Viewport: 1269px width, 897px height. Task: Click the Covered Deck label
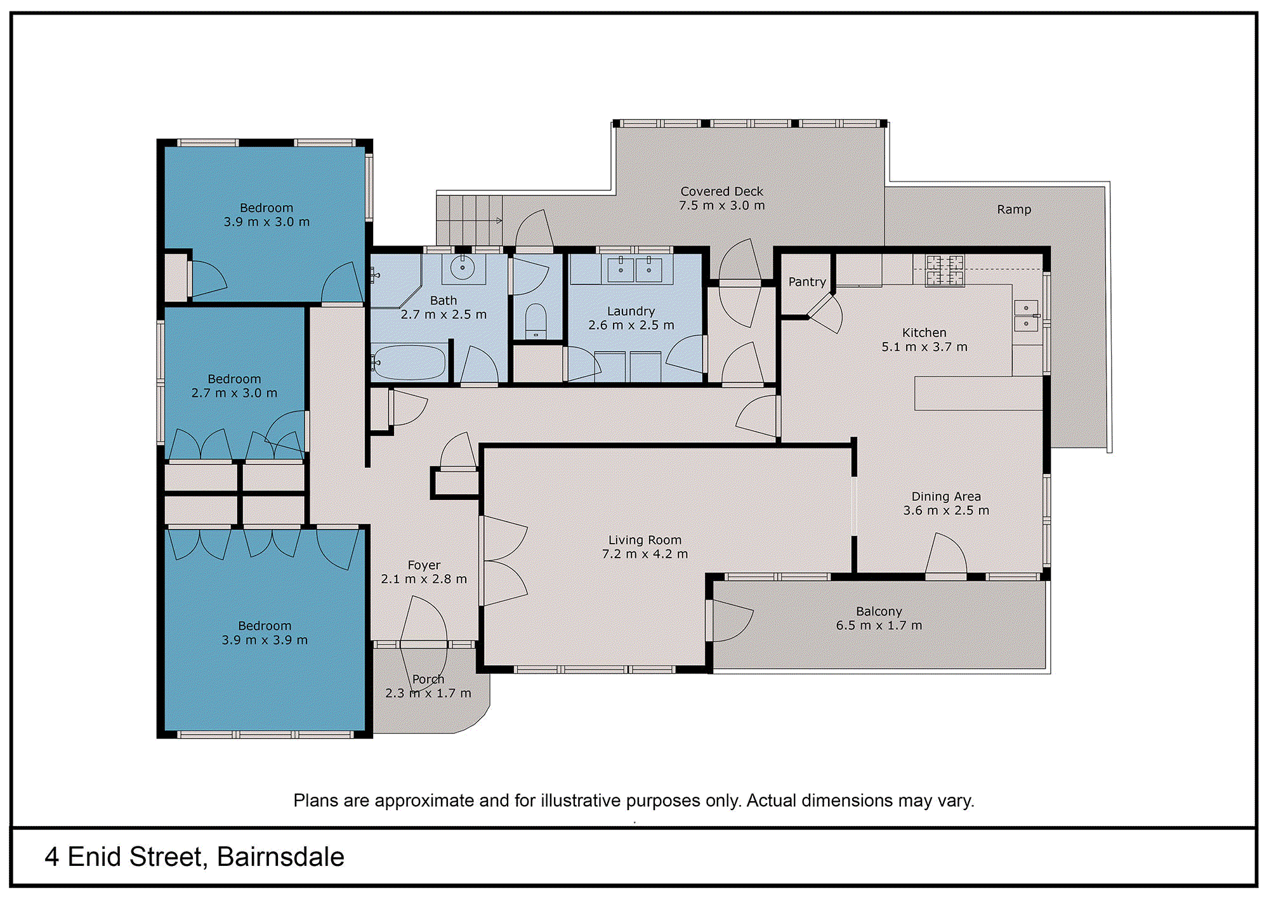pyautogui.click(x=721, y=191)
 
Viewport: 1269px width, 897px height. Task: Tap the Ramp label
pyautogui.click(x=1014, y=209)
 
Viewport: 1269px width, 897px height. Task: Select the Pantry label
pyautogui.click(x=807, y=282)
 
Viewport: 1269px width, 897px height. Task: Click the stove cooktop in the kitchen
pyautogui.click(x=945, y=270)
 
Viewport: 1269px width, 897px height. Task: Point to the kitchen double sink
pyautogui.click(x=1026, y=316)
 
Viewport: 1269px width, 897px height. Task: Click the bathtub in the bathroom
pyautogui.click(x=409, y=362)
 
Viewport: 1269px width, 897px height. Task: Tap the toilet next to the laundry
pyautogui.click(x=536, y=321)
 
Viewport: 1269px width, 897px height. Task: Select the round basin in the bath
pyautogui.click(x=463, y=268)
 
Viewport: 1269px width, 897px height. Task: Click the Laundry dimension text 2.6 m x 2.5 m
pyautogui.click(x=631, y=325)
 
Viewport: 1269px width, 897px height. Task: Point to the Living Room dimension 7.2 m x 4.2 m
pyautogui.click(x=645, y=554)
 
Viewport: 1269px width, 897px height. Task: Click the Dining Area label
pyautogui.click(x=946, y=496)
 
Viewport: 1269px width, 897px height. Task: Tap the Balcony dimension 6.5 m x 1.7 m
pyautogui.click(x=879, y=625)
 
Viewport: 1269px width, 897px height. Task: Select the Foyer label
pyautogui.click(x=424, y=565)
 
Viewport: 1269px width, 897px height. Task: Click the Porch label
pyautogui.click(x=428, y=679)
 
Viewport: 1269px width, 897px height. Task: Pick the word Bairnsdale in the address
pyautogui.click(x=280, y=857)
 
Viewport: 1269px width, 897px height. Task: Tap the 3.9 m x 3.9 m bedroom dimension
pyautogui.click(x=265, y=640)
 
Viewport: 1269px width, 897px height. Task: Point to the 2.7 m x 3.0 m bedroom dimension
pyautogui.click(x=235, y=393)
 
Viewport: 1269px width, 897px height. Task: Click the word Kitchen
pyautogui.click(x=924, y=332)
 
